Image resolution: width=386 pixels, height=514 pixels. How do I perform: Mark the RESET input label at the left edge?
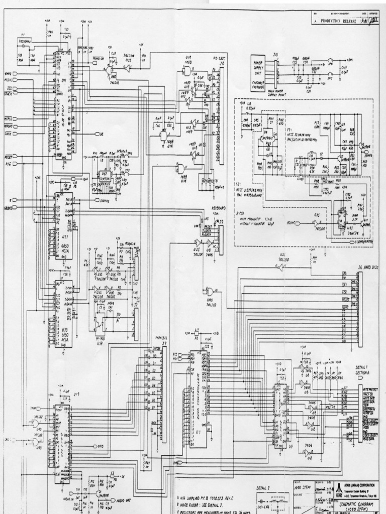(x=9, y=150)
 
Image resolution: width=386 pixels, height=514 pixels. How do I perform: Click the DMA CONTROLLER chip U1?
(x=199, y=402)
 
